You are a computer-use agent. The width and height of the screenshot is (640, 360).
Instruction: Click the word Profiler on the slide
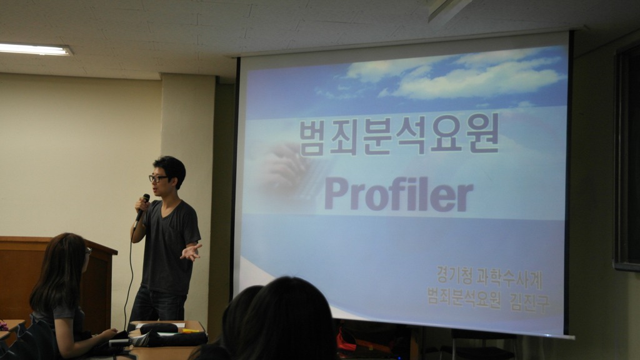coord(399,194)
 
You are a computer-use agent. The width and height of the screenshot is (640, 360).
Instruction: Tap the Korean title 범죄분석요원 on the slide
coord(399,134)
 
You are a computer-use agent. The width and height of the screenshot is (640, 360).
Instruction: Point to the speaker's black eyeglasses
coord(158,178)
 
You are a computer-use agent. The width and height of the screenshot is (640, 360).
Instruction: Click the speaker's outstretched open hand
coord(191,252)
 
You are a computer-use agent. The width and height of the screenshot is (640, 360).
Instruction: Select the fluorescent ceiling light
coord(35,49)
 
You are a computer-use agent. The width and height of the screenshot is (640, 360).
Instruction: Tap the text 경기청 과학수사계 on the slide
coord(489,278)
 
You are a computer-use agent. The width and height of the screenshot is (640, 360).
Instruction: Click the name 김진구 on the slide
coord(529,302)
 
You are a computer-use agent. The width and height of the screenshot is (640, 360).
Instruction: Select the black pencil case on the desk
coord(159,327)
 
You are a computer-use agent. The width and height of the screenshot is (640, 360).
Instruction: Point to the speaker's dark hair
coord(171,168)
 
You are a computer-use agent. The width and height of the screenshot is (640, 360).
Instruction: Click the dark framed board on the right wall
coord(627,157)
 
